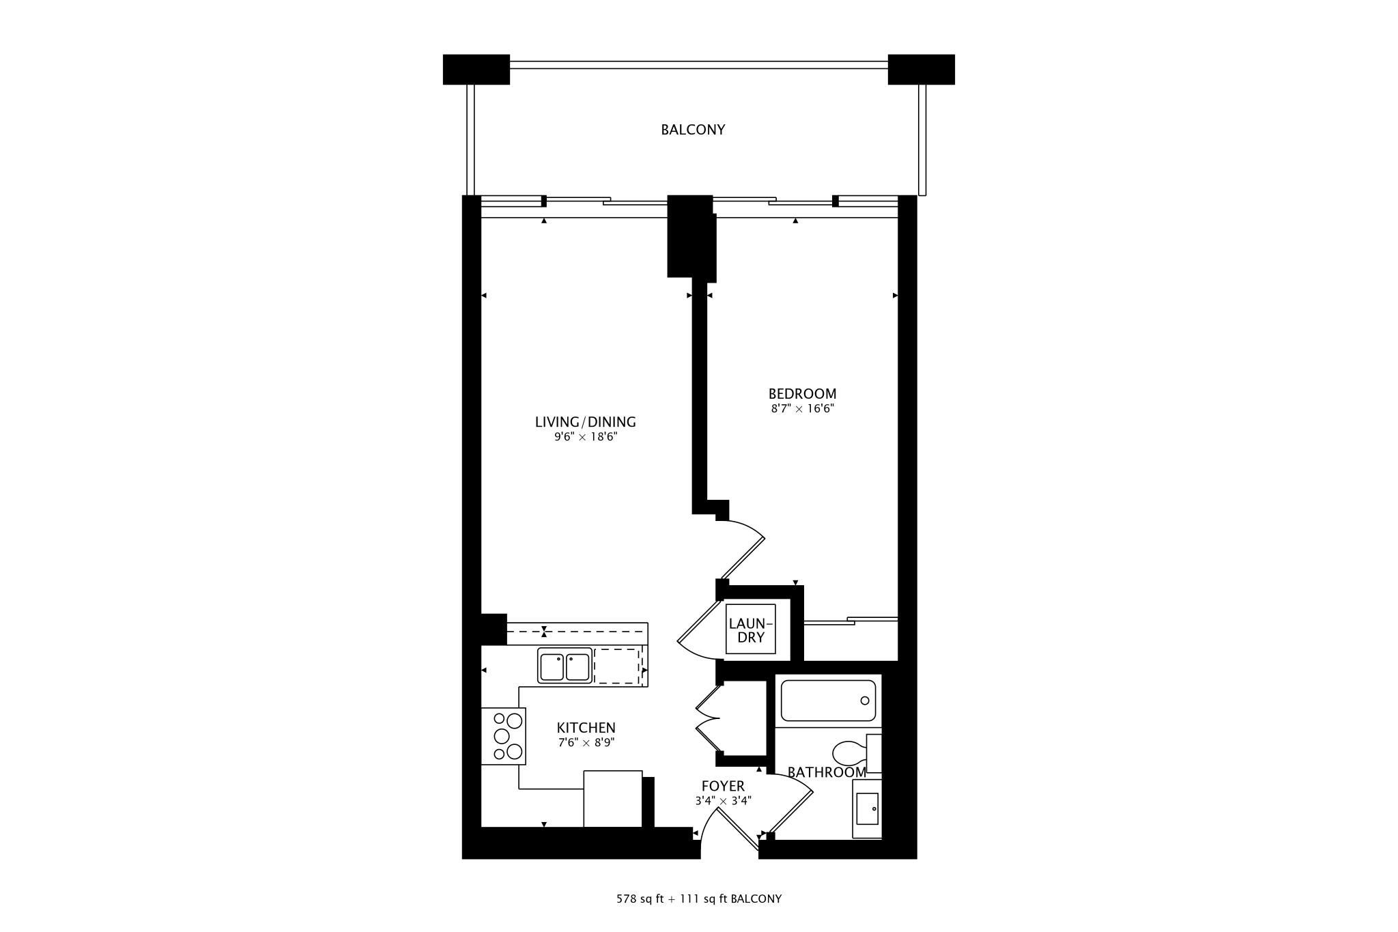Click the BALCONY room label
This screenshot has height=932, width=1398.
693,130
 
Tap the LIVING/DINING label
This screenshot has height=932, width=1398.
586,422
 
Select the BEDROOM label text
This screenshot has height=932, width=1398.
802,394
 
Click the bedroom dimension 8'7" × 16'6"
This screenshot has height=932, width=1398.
803,409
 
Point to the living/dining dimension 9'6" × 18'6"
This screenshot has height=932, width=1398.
586,437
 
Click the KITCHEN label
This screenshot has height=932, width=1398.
586,728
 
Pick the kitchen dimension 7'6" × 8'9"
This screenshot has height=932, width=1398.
586,743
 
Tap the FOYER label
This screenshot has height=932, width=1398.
723,786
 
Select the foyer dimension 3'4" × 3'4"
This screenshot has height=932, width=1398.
723,801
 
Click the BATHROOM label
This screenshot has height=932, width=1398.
827,772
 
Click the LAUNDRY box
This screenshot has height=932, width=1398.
751,629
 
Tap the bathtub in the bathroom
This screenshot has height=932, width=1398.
828,701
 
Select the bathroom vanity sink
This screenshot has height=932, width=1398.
867,809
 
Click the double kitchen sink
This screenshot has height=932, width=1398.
565,666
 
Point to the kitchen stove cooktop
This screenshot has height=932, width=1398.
504,736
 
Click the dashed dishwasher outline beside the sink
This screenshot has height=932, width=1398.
617,666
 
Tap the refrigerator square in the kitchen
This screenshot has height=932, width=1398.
613,799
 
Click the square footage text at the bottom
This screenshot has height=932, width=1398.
699,899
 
